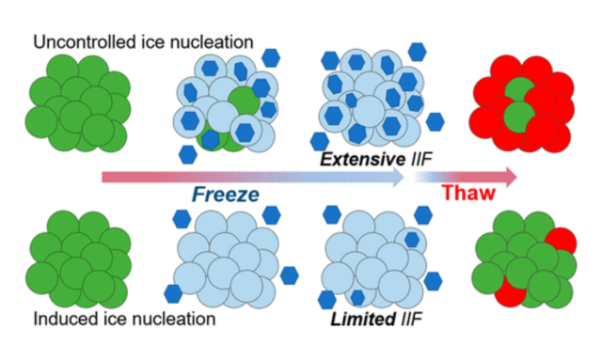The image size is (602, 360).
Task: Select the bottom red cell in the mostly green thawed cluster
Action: (507, 294)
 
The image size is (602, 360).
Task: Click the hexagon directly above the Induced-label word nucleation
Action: (173, 292)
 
